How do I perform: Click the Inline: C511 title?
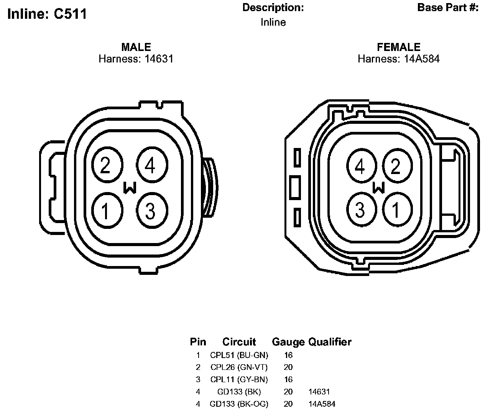(x=47, y=14)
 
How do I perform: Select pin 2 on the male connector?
(x=107, y=165)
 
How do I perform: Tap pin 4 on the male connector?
(x=152, y=165)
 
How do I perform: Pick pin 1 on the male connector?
(x=107, y=210)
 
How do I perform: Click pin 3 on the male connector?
(x=152, y=210)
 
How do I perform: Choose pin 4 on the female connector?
(x=362, y=166)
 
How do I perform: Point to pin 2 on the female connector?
(x=397, y=166)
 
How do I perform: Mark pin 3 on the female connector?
(x=362, y=209)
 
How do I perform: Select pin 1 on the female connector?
(x=397, y=209)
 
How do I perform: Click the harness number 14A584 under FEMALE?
(x=422, y=59)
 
